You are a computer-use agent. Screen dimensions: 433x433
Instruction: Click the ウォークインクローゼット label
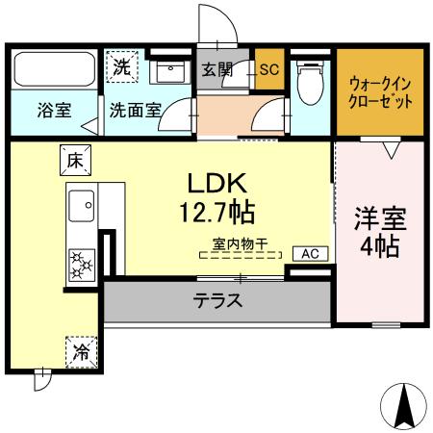coord(381,91)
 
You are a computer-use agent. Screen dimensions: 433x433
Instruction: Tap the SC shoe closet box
coord(268,68)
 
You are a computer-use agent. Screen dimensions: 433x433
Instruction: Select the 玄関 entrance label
coord(217,68)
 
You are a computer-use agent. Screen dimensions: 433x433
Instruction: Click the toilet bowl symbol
coord(311,86)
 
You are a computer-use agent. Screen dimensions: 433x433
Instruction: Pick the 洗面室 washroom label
coord(134,111)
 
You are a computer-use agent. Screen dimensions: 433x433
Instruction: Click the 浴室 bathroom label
coord(53,111)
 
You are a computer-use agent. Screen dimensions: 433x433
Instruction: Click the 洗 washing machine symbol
coord(122,67)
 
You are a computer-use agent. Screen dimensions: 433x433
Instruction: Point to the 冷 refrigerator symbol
coord(82,351)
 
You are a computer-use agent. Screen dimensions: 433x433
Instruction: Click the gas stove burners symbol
coord(80,261)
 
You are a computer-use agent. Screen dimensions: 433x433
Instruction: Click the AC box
coord(309,254)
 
